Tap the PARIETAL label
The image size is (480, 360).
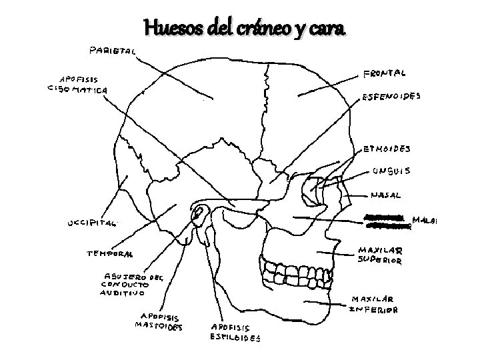click(x=111, y=50)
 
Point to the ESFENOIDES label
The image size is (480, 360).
click(x=391, y=96)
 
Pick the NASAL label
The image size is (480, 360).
click(x=386, y=196)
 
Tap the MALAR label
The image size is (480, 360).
click(x=425, y=219)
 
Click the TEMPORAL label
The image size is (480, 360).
click(x=109, y=253)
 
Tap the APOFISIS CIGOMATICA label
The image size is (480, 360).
click(x=77, y=84)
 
